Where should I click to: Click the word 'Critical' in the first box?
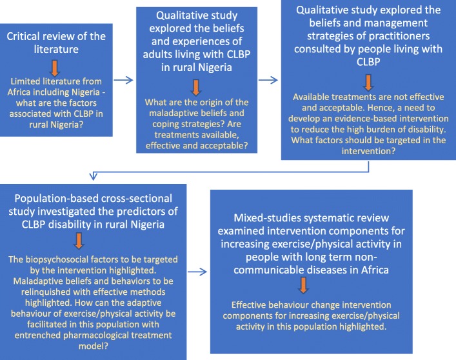[x=27, y=35]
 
